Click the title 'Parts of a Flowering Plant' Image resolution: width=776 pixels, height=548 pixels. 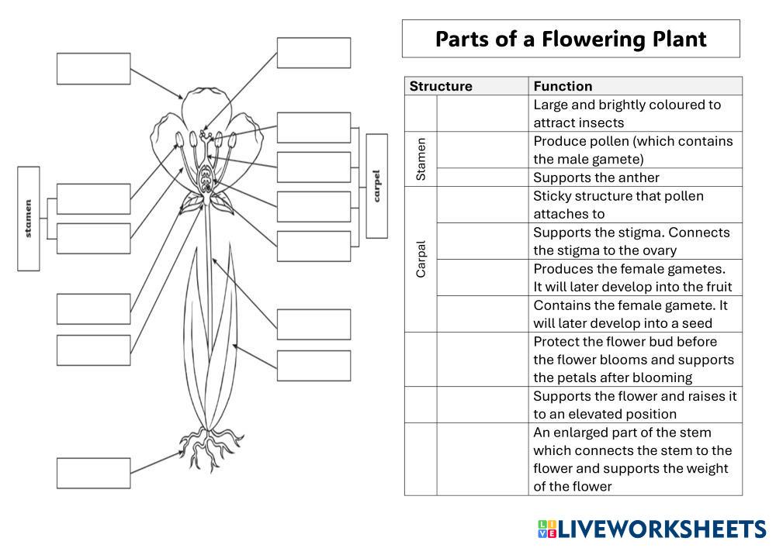coord(570,39)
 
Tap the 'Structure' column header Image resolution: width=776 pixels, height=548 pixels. coord(441,86)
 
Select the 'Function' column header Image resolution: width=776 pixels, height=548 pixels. coord(563,86)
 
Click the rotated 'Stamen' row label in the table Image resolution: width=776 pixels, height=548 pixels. coord(421,159)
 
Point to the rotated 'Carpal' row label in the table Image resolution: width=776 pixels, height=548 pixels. coord(421,259)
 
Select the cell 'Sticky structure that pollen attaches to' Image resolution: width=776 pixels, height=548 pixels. coord(618,205)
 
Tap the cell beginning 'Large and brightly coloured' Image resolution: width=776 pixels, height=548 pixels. coord(627,113)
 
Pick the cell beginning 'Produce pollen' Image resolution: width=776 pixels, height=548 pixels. coord(632,150)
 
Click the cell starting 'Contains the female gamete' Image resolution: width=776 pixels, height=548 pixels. coord(630,314)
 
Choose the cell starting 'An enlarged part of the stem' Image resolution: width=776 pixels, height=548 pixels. coord(632,459)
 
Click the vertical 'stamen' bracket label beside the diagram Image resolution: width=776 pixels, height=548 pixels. coord(29,219)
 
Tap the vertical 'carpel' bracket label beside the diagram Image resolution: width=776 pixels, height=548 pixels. coord(377,186)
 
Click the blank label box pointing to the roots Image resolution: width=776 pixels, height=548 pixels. coord(93,473)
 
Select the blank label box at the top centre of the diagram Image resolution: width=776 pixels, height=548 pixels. coord(314,53)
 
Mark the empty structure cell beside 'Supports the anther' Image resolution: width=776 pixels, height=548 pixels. coord(482,177)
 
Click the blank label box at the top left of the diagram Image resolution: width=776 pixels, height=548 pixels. coord(93,68)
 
